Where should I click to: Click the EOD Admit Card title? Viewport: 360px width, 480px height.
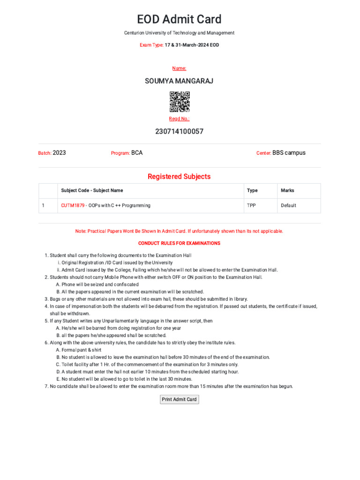179,20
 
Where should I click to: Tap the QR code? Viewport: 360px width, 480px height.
180,101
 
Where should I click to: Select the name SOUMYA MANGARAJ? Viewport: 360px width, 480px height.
179,81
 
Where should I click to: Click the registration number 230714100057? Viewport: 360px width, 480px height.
179,132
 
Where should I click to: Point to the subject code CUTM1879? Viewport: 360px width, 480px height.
73,205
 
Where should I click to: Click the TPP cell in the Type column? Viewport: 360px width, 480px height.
252,205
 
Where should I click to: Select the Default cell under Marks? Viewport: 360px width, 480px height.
288,205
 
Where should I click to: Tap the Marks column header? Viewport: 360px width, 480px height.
287,190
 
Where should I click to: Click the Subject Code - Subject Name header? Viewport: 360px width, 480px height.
92,190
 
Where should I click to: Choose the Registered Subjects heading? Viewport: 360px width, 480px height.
179,177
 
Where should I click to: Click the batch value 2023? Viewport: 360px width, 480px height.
60,153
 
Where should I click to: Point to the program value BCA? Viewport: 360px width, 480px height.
137,153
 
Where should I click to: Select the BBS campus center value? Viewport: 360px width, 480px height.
289,153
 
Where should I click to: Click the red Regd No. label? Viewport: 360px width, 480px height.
179,119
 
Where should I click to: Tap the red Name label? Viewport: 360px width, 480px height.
179,68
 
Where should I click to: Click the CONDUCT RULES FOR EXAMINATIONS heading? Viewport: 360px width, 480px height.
179,243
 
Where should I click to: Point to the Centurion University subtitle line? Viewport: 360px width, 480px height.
179,33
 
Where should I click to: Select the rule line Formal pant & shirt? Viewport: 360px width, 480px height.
78,350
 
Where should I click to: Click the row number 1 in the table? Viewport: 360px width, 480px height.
43,205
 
